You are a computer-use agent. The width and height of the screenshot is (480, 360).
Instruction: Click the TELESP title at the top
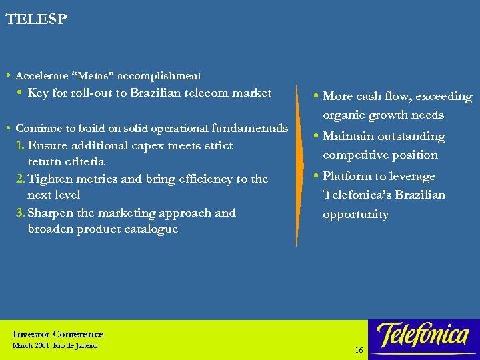tap(36, 19)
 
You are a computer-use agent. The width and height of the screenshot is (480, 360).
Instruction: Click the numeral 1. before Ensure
tap(20, 145)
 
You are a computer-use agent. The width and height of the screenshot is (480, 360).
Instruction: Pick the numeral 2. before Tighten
tap(21, 179)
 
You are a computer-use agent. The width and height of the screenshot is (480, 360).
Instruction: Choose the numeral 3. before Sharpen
tap(21, 213)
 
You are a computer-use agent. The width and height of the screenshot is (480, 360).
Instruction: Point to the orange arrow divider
tap(297, 167)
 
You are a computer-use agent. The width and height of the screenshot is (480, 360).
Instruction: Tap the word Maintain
tap(350, 137)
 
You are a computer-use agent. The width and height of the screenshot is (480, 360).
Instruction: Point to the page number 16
tap(359, 350)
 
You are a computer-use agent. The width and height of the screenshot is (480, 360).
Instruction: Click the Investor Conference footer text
tap(58, 334)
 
